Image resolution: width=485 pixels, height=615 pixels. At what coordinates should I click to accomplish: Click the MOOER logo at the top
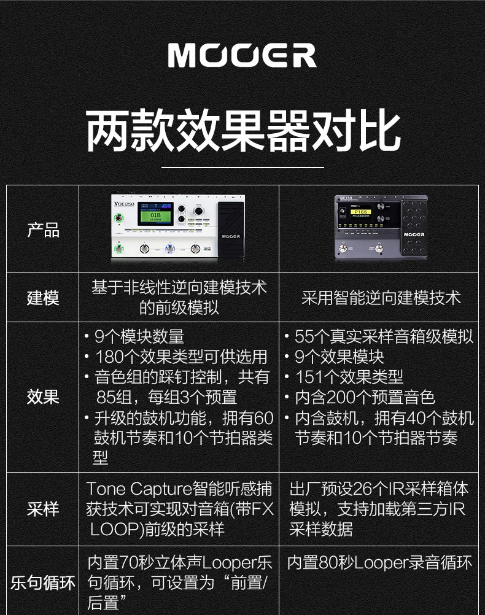coord(242,55)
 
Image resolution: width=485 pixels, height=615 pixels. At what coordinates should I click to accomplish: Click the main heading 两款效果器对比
coord(242,131)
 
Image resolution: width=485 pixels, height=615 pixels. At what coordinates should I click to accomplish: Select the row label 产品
coord(43,230)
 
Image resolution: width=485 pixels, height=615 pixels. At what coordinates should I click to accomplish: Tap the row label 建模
coord(43,298)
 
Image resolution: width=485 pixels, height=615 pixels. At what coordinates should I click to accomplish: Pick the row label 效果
coord(43,396)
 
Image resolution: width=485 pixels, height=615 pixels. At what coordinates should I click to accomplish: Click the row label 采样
coord(43,509)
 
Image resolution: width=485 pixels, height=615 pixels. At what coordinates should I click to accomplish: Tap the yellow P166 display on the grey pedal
coord(361,212)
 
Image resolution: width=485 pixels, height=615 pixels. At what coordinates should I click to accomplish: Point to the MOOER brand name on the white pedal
coord(231,236)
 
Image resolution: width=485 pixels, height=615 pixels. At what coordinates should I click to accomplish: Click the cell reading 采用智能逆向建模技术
coord(381,298)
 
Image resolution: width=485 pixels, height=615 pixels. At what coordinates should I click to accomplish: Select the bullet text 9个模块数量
coord(139,336)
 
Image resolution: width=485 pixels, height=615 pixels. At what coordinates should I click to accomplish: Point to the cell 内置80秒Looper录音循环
coord(379,562)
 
